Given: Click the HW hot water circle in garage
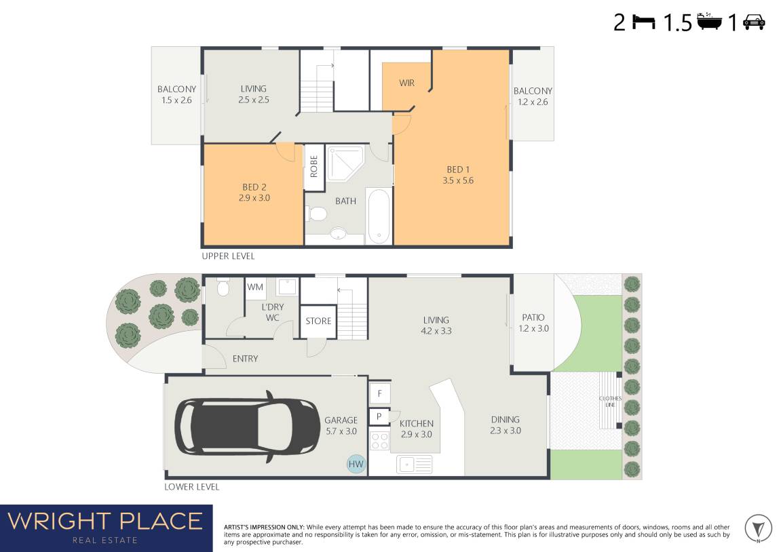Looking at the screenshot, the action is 356,464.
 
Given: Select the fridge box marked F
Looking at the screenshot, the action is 379,394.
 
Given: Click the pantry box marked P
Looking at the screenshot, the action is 379,416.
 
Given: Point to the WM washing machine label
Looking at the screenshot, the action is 255,288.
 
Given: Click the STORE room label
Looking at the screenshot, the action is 318,321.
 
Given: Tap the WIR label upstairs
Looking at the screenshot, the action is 406,83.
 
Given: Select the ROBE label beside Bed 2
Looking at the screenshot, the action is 313,166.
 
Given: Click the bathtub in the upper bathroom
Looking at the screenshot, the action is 379,216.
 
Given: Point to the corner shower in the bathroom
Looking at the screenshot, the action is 344,163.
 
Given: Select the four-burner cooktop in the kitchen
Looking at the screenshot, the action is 379,441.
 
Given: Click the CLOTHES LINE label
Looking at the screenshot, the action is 610,401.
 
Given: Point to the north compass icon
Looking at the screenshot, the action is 758,528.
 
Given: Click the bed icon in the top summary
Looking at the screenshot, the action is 643,22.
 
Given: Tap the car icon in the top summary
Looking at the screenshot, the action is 754,22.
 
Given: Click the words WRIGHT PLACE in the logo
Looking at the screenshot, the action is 104,521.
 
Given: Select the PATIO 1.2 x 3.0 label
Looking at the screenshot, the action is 533,323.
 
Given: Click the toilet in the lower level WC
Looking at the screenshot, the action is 223,288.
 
